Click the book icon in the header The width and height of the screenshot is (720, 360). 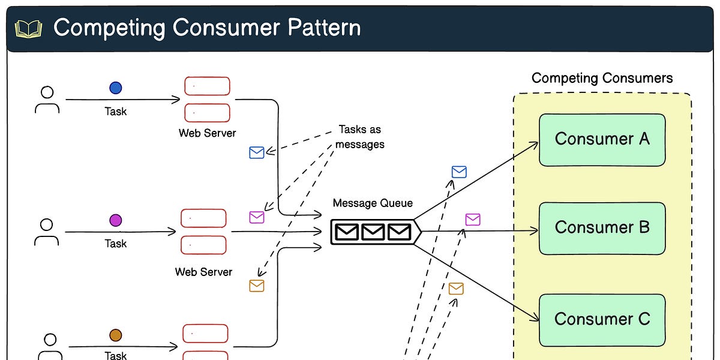pos(28,29)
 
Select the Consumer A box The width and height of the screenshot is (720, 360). pos(602,139)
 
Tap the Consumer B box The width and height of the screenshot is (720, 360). pos(602,228)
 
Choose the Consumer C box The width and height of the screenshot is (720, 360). pos(602,319)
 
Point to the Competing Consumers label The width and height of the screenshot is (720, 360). pos(602,78)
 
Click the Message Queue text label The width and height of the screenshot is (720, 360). pos(373,203)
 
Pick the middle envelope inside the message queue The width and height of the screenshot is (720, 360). pos(373,232)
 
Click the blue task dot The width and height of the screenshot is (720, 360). pos(116,88)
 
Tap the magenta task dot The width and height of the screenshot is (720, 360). pos(115,220)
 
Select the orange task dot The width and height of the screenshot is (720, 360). pos(116,335)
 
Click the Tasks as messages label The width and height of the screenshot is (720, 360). pos(359,137)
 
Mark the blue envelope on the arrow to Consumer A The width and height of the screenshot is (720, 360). pos(459,172)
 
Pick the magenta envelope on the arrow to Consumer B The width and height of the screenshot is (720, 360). pos(473,220)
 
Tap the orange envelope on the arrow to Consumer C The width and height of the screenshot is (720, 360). pos(456,289)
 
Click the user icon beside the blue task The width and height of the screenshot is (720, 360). pos(47,100)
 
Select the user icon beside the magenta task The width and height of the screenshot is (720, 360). pos(47,232)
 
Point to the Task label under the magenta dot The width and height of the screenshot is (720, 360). pos(116,244)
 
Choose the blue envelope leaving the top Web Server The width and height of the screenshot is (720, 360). pos(257,153)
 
